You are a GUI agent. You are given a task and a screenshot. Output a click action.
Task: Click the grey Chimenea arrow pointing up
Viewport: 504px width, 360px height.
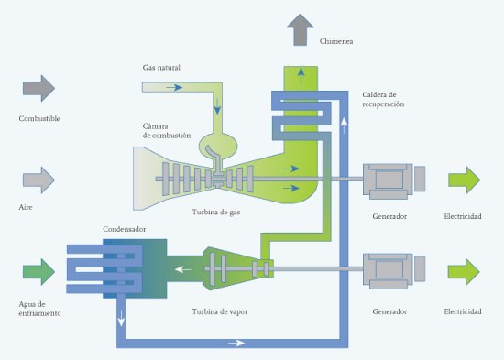point(301,29)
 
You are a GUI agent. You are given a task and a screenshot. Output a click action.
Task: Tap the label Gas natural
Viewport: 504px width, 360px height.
point(161,68)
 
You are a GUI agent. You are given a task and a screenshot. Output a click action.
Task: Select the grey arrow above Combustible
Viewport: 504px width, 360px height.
point(38,88)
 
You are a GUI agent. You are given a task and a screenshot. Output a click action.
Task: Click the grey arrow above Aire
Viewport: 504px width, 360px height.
point(38,180)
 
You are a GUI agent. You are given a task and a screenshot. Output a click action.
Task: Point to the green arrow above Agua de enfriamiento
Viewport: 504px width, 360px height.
point(38,272)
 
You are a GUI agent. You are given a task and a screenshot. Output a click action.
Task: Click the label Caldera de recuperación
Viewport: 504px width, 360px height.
point(383,99)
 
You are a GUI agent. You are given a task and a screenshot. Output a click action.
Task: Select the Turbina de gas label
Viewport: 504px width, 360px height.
point(216,213)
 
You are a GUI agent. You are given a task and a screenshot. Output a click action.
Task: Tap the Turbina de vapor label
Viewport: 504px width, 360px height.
point(220,311)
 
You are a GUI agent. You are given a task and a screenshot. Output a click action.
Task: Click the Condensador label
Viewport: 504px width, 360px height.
point(124,229)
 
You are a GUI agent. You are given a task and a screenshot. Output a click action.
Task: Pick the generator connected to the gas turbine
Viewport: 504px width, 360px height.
point(394,181)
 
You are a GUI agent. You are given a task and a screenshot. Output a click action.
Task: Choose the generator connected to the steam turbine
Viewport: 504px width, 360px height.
point(394,271)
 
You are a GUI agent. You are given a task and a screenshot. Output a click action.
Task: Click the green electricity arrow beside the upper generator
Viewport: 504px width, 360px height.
point(465,180)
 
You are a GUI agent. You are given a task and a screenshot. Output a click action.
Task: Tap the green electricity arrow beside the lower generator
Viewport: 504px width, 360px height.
point(464,272)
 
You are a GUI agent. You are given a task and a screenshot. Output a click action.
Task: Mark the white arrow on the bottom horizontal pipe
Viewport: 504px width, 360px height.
point(236,343)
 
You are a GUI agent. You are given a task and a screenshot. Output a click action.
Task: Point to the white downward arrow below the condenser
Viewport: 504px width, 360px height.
point(121,318)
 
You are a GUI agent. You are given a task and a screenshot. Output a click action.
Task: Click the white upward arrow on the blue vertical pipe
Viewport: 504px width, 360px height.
point(344,125)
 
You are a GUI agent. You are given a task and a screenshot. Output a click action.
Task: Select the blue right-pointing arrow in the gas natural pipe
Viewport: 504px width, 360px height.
point(174,87)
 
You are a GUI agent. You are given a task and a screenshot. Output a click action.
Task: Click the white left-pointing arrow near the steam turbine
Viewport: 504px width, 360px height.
point(183,269)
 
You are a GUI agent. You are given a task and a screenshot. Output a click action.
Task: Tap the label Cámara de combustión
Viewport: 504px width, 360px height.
point(167,131)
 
